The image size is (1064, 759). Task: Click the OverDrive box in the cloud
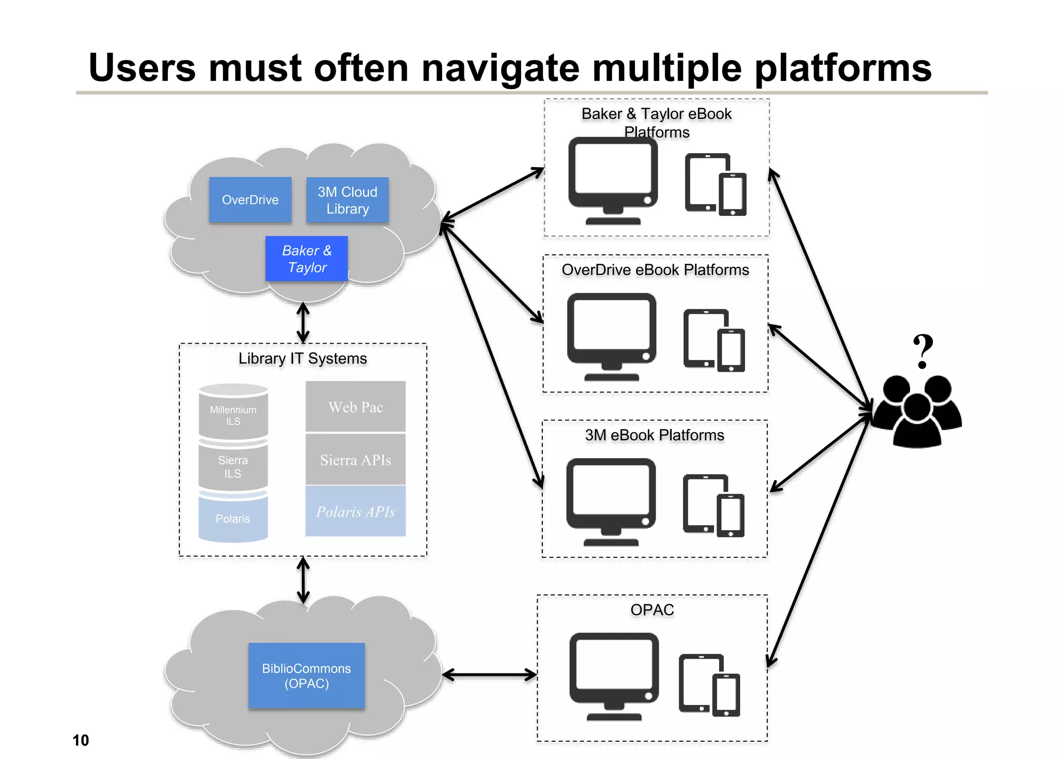click(x=250, y=200)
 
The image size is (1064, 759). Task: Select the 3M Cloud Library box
click(x=347, y=200)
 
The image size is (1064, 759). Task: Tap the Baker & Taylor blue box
click(x=307, y=259)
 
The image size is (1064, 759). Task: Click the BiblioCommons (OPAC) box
click(x=307, y=675)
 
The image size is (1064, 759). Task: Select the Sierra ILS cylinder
click(x=233, y=466)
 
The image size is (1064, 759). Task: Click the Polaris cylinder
click(x=233, y=518)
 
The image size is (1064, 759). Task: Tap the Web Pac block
click(x=355, y=406)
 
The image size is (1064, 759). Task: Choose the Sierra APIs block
click(x=355, y=459)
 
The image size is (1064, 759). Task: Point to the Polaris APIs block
click(x=355, y=511)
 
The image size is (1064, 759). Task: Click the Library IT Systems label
click(x=302, y=358)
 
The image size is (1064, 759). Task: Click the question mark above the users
click(x=923, y=351)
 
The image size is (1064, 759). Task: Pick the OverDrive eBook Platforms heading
click(x=655, y=270)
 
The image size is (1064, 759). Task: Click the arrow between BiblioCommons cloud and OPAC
click(x=489, y=674)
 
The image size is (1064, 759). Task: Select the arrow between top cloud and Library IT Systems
click(x=303, y=322)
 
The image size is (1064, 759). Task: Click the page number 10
click(x=81, y=740)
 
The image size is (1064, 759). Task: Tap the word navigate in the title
click(x=500, y=68)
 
